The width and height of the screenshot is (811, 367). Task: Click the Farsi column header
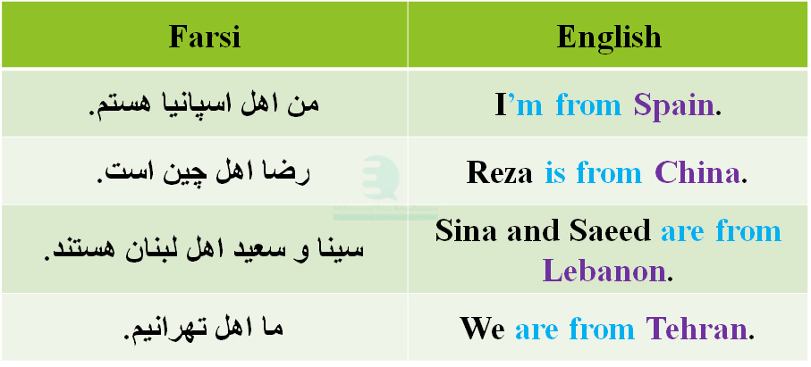[205, 38]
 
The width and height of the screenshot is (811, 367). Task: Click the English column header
[609, 38]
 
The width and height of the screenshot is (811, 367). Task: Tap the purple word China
[697, 172]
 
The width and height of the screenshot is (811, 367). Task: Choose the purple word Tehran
[696, 329]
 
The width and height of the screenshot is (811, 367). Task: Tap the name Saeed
[612, 232]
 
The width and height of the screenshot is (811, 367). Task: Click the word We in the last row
[483, 329]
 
